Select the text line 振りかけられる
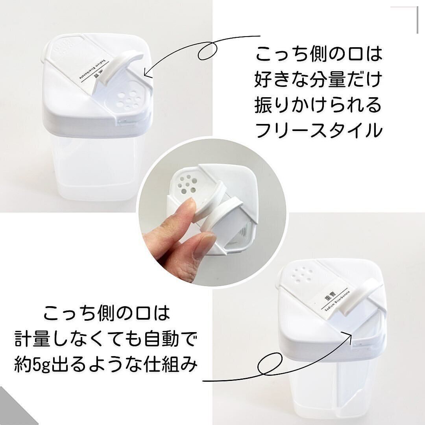319,105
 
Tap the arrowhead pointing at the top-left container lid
146,73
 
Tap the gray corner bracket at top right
409,16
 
